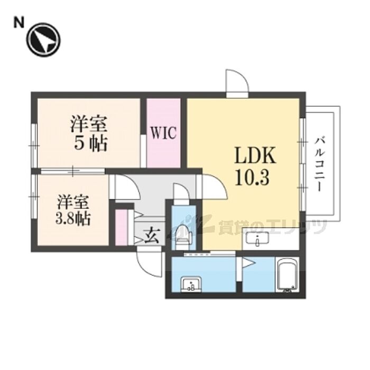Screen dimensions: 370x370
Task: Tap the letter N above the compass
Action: [18, 22]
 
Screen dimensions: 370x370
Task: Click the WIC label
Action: [164, 132]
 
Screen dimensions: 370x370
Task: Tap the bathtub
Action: [287, 275]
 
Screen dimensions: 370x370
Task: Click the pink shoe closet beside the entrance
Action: [122, 227]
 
